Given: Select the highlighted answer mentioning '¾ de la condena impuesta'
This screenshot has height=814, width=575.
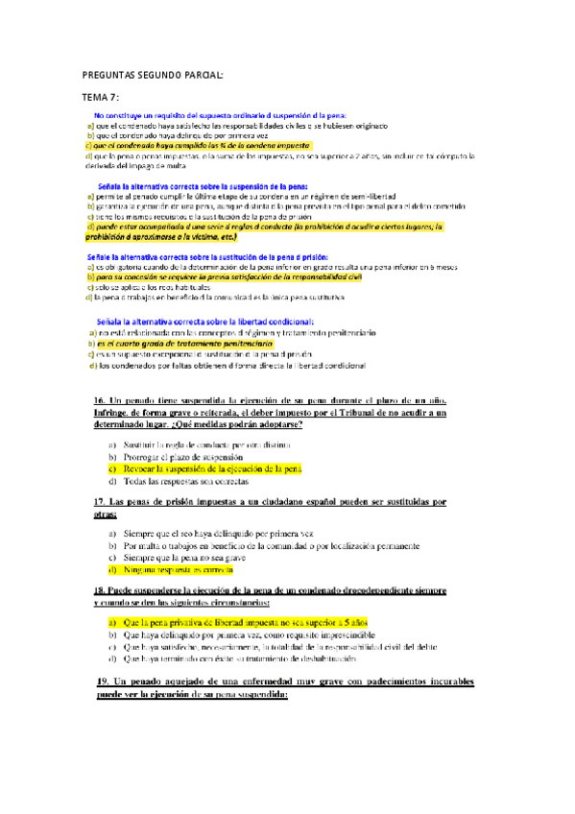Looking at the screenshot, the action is [x=189, y=145].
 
